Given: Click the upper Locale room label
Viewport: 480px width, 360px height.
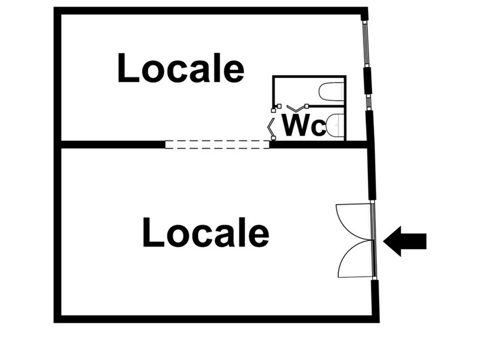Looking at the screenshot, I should point(181,68).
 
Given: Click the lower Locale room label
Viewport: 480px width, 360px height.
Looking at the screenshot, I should point(205,233).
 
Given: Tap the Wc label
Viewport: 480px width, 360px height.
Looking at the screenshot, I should point(303,126).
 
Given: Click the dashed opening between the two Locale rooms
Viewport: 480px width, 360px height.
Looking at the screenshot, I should point(217,144).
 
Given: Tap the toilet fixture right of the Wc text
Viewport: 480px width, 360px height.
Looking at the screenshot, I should point(335,125).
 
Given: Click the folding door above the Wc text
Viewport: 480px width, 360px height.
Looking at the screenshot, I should point(297,108).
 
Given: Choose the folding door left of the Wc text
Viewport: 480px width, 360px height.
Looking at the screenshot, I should point(272,126).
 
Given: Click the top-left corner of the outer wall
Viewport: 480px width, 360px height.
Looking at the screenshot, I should point(58,11).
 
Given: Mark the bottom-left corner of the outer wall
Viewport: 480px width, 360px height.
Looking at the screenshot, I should point(58,319).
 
